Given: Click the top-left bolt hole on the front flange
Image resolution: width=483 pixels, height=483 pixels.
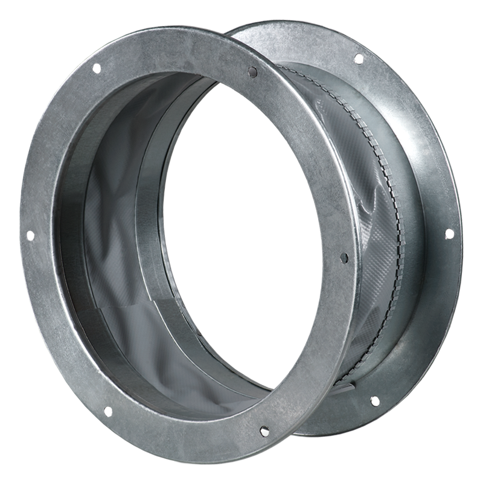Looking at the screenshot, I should (x=96, y=69).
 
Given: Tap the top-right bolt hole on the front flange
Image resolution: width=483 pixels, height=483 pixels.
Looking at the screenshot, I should (x=252, y=72).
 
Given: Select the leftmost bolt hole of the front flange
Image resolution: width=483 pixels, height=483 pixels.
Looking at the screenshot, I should (x=28, y=237).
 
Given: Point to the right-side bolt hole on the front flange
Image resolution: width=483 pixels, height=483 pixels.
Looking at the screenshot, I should (x=344, y=258).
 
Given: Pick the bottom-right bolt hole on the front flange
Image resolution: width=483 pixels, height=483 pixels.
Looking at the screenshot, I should (x=264, y=430).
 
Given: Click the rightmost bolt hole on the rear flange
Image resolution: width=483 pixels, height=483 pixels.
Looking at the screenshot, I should (x=449, y=232).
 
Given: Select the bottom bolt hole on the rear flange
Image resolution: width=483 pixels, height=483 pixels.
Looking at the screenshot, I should (x=374, y=400).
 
